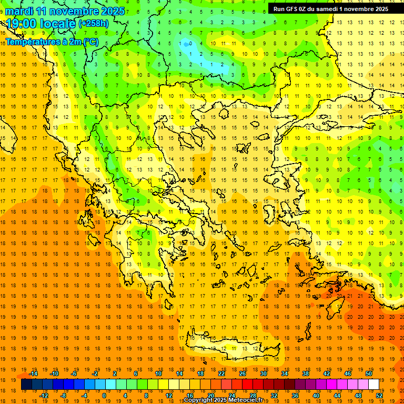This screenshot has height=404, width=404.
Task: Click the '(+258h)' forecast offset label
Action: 93,24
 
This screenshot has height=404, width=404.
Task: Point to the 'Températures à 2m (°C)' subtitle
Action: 52,42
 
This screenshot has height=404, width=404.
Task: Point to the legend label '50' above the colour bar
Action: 368,373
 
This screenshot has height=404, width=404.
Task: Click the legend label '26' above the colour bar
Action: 243,373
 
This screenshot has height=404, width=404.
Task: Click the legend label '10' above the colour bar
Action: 158,373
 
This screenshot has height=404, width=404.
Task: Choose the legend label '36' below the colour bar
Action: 295,396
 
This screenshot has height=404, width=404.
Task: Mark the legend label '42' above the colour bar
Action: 327,373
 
